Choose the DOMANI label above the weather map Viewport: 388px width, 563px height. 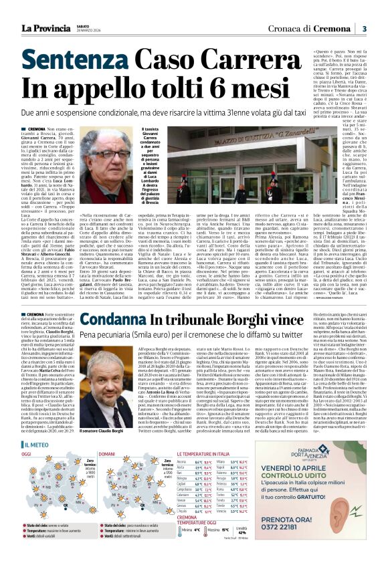click(106, 454)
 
